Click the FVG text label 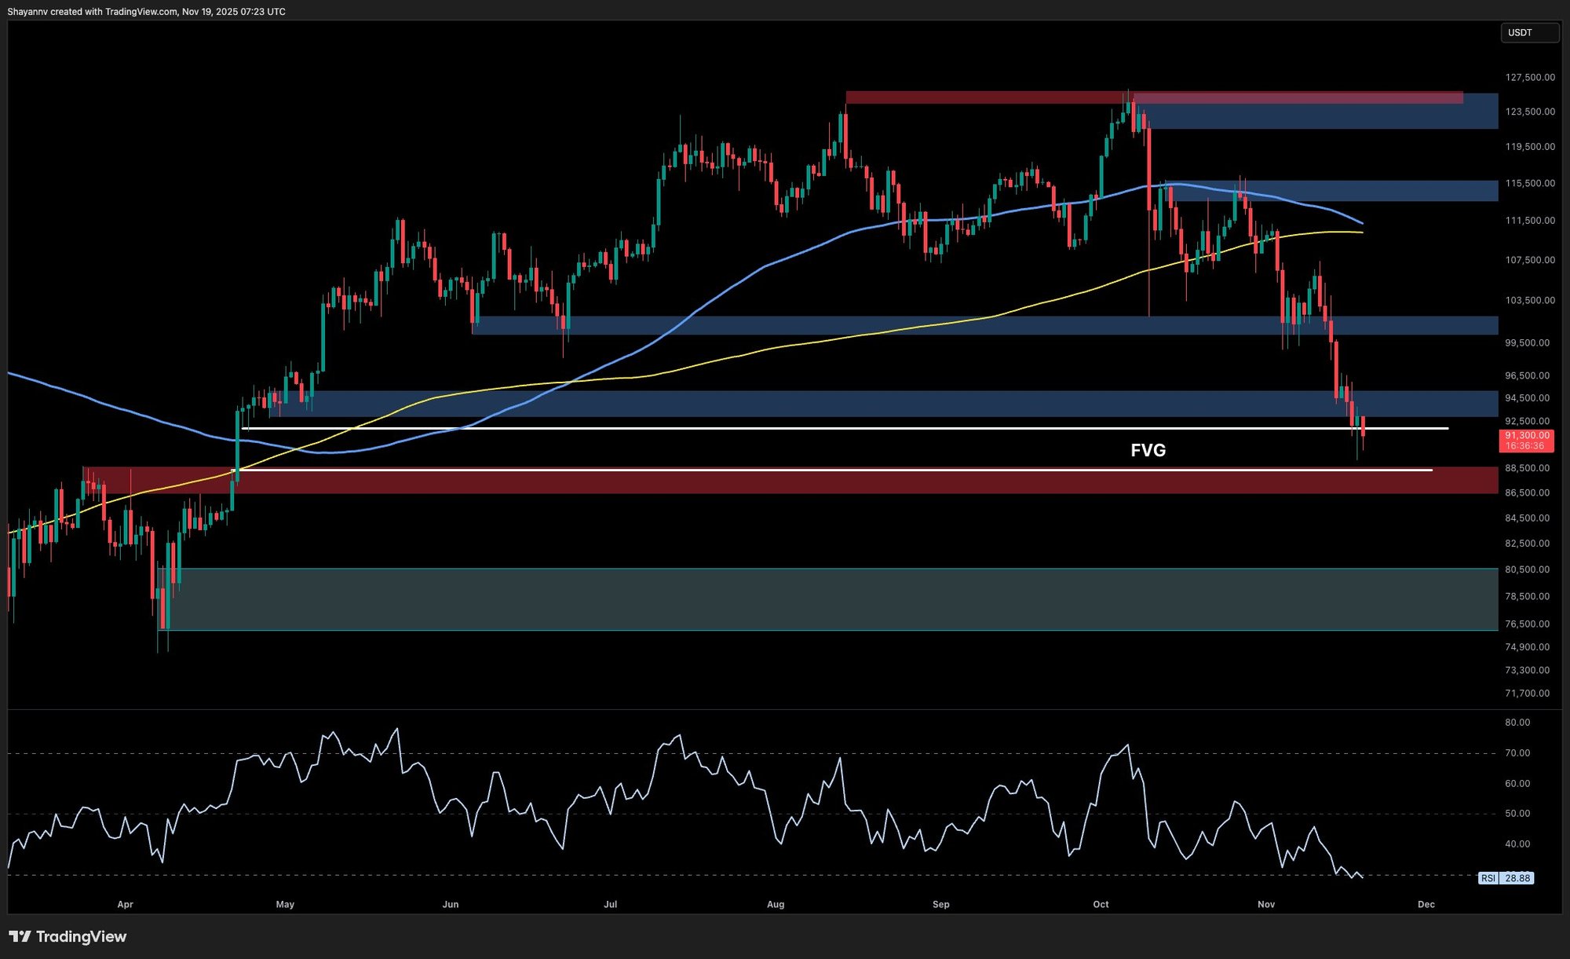point(1148,450)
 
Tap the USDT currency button point(1528,33)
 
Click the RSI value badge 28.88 point(1517,878)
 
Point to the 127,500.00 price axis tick point(1529,77)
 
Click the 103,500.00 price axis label point(1529,300)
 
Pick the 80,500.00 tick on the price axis point(1527,569)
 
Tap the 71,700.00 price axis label point(1527,693)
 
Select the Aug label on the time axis point(776,904)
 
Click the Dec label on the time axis point(1426,904)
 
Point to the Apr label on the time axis point(125,904)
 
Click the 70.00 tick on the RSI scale point(1517,752)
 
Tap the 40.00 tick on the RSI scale point(1517,844)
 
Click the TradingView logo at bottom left point(68,936)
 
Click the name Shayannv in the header point(27,12)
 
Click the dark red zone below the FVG point(785,481)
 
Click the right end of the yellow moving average point(1361,232)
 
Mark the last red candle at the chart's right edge point(1364,426)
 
